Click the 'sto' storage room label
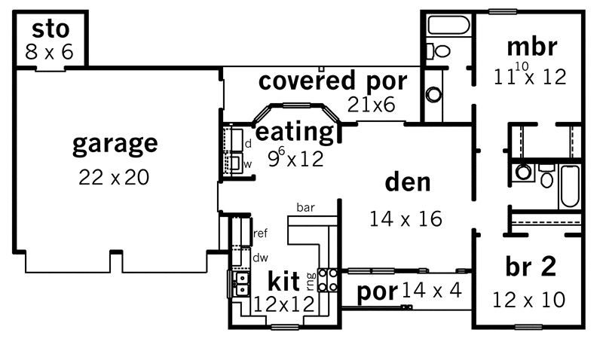tap(51, 29)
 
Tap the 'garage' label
tap(115, 144)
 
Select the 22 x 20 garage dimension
tap(114, 177)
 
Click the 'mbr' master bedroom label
tap(532, 47)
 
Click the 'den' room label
tap(408, 182)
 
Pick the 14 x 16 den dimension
tap(406, 219)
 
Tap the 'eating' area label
tap(295, 133)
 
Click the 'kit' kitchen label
tap(283, 281)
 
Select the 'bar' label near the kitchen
tap(306, 207)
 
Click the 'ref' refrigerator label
tap(260, 233)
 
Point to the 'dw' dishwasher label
tap(260, 258)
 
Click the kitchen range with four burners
tap(328, 279)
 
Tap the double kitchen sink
tap(242, 283)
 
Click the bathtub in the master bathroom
tap(448, 26)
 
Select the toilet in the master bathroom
tap(439, 50)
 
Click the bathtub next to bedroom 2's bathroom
tap(570, 186)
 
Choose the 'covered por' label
tap(332, 81)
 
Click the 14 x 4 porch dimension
tap(431, 291)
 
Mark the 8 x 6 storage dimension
tap(49, 52)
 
